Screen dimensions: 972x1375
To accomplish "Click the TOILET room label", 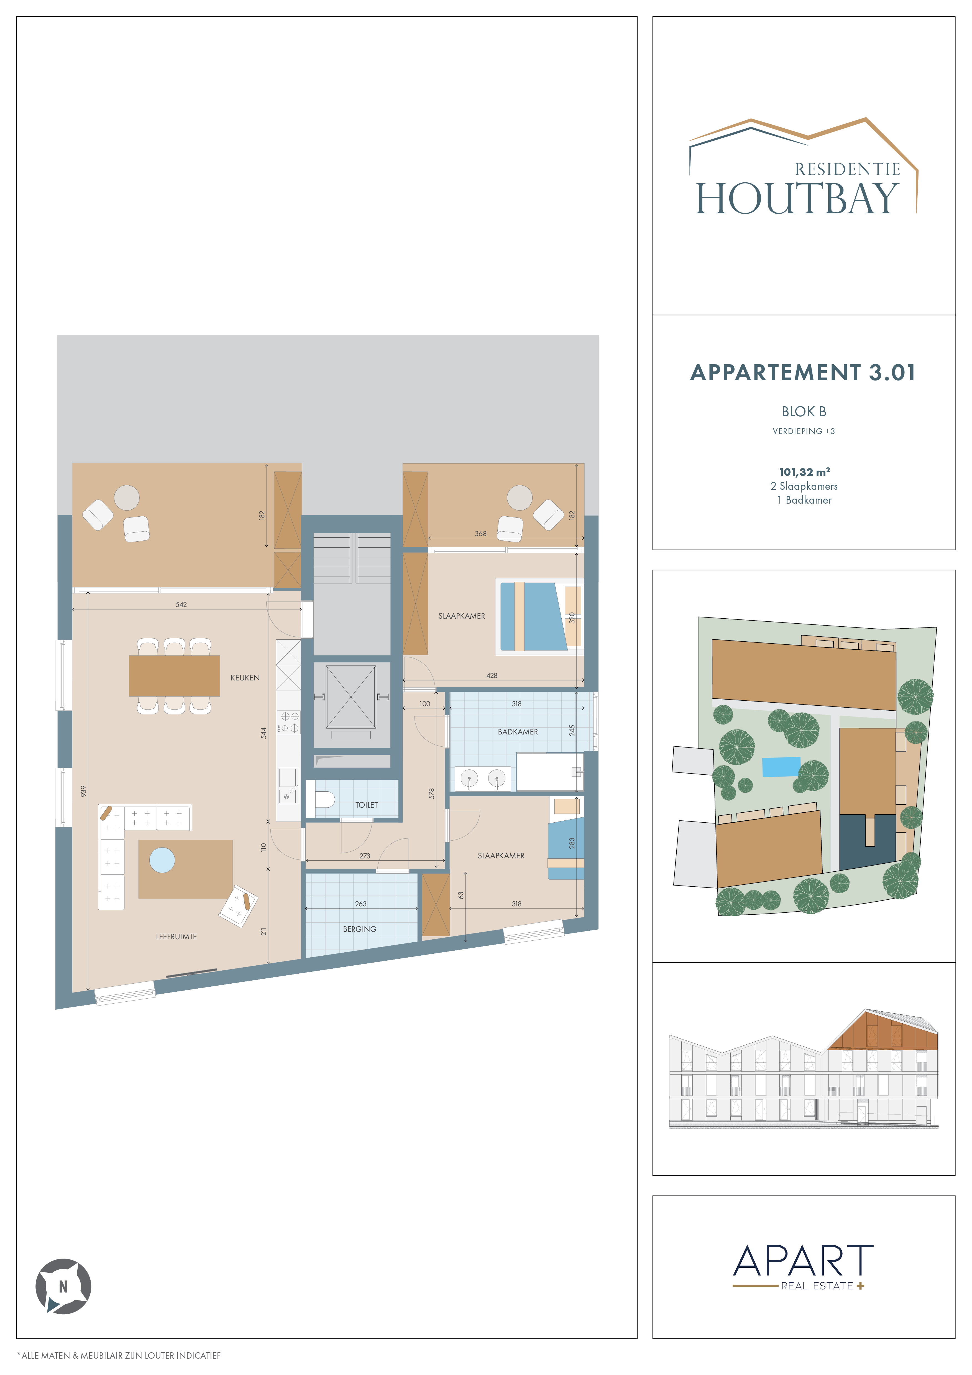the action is (x=366, y=805).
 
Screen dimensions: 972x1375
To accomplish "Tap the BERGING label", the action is (x=360, y=929).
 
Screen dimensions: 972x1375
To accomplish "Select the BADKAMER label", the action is (x=518, y=732).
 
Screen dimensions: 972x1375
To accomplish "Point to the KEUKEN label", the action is (x=245, y=677).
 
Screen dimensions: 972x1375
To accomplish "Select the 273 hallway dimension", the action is (x=365, y=856).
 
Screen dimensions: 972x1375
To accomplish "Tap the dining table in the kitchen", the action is (x=174, y=675).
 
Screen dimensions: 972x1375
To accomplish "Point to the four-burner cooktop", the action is (x=288, y=722).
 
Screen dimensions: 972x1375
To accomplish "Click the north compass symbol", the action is (x=63, y=1286).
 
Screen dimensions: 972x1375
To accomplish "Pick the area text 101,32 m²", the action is (x=804, y=472).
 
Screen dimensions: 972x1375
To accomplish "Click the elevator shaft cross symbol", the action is (x=351, y=697).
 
